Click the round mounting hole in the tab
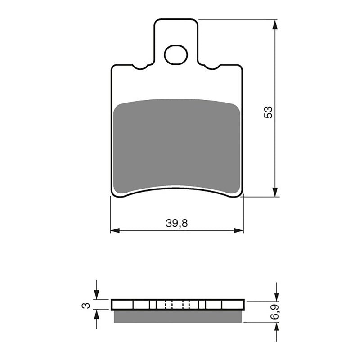pyautogui.click(x=175, y=55)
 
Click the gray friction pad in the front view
pyautogui.click(x=177, y=144)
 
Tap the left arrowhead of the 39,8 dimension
pyautogui.click(x=115, y=231)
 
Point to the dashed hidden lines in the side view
pyautogui.click(x=177, y=305)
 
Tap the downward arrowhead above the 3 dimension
pyautogui.click(x=96, y=295)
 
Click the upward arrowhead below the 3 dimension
pyautogui.click(x=96, y=315)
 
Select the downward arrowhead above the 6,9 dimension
pyautogui.click(x=276, y=297)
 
